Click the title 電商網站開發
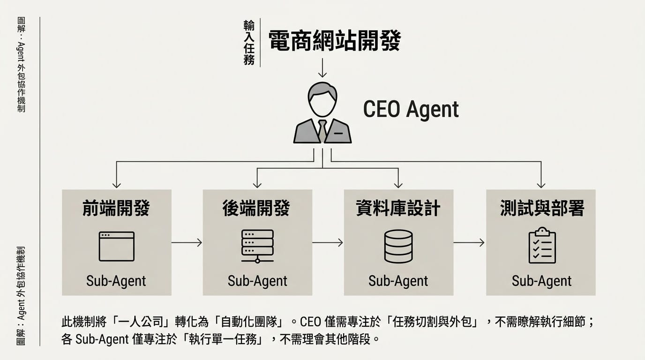click(x=335, y=41)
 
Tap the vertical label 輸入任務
click(x=249, y=43)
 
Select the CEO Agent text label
click(x=411, y=110)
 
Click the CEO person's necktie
click(x=322, y=130)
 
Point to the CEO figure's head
click(x=322, y=99)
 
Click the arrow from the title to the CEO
click(x=322, y=67)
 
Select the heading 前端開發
click(x=116, y=209)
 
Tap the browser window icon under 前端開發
click(x=116, y=246)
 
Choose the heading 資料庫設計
click(x=398, y=209)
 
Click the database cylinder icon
click(x=398, y=246)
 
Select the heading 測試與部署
click(x=542, y=209)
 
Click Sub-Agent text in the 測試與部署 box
click(x=541, y=281)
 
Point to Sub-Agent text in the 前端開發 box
click(x=116, y=281)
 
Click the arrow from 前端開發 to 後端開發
click(x=187, y=242)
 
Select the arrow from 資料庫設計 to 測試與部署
click(x=469, y=242)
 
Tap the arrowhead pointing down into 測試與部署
click(x=541, y=184)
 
